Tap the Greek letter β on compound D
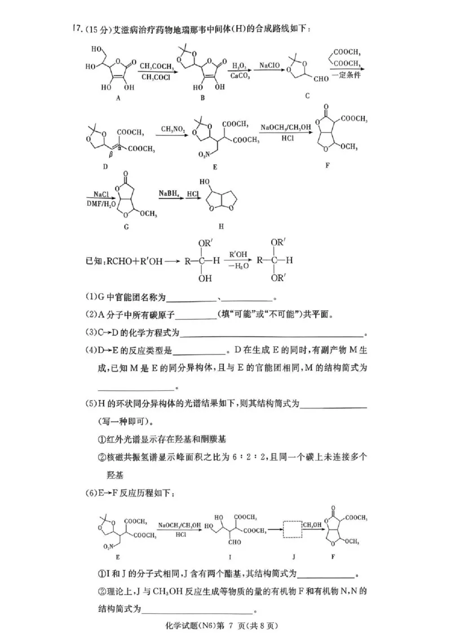click(110, 153)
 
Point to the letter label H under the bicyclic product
click(222, 226)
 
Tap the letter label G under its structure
click(126, 226)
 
